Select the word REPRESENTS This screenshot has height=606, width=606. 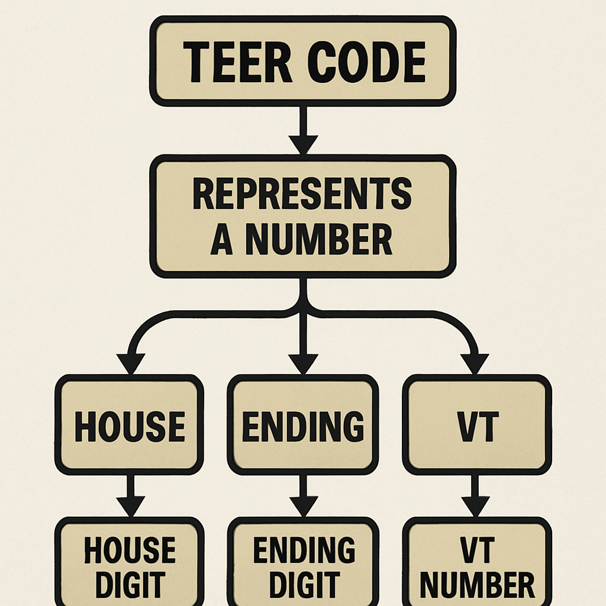tap(302, 195)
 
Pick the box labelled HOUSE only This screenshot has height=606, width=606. tap(129, 425)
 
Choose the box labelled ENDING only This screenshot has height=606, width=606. tap(302, 425)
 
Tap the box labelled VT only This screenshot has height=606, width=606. tap(476, 425)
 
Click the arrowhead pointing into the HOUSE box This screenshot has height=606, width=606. tap(131, 363)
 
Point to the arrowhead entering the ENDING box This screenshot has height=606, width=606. tap(303, 363)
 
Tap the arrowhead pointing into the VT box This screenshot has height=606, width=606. tap(475, 363)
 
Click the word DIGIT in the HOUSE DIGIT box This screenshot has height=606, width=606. tap(129, 585)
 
